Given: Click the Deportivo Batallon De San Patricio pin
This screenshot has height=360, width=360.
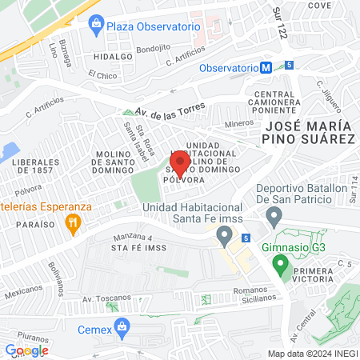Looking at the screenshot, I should tap(274, 214).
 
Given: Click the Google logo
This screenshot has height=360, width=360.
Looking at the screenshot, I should tap(26, 350).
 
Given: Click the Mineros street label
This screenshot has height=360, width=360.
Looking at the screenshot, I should tap(238, 124).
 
